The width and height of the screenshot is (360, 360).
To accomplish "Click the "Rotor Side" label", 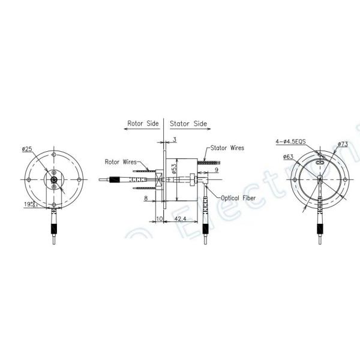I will (143, 124).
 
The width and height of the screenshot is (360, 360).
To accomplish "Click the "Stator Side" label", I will (188, 124).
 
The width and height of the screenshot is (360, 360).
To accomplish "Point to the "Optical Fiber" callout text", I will (239, 198).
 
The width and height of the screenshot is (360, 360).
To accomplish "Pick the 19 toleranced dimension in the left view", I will (31, 205).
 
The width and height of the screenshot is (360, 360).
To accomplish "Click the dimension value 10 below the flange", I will (159, 220).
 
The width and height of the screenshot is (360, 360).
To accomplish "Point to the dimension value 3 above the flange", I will (174, 139).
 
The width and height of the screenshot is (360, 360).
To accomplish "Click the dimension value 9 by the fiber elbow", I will (215, 170).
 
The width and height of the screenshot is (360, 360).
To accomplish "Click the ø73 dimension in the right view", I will (343, 144).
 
